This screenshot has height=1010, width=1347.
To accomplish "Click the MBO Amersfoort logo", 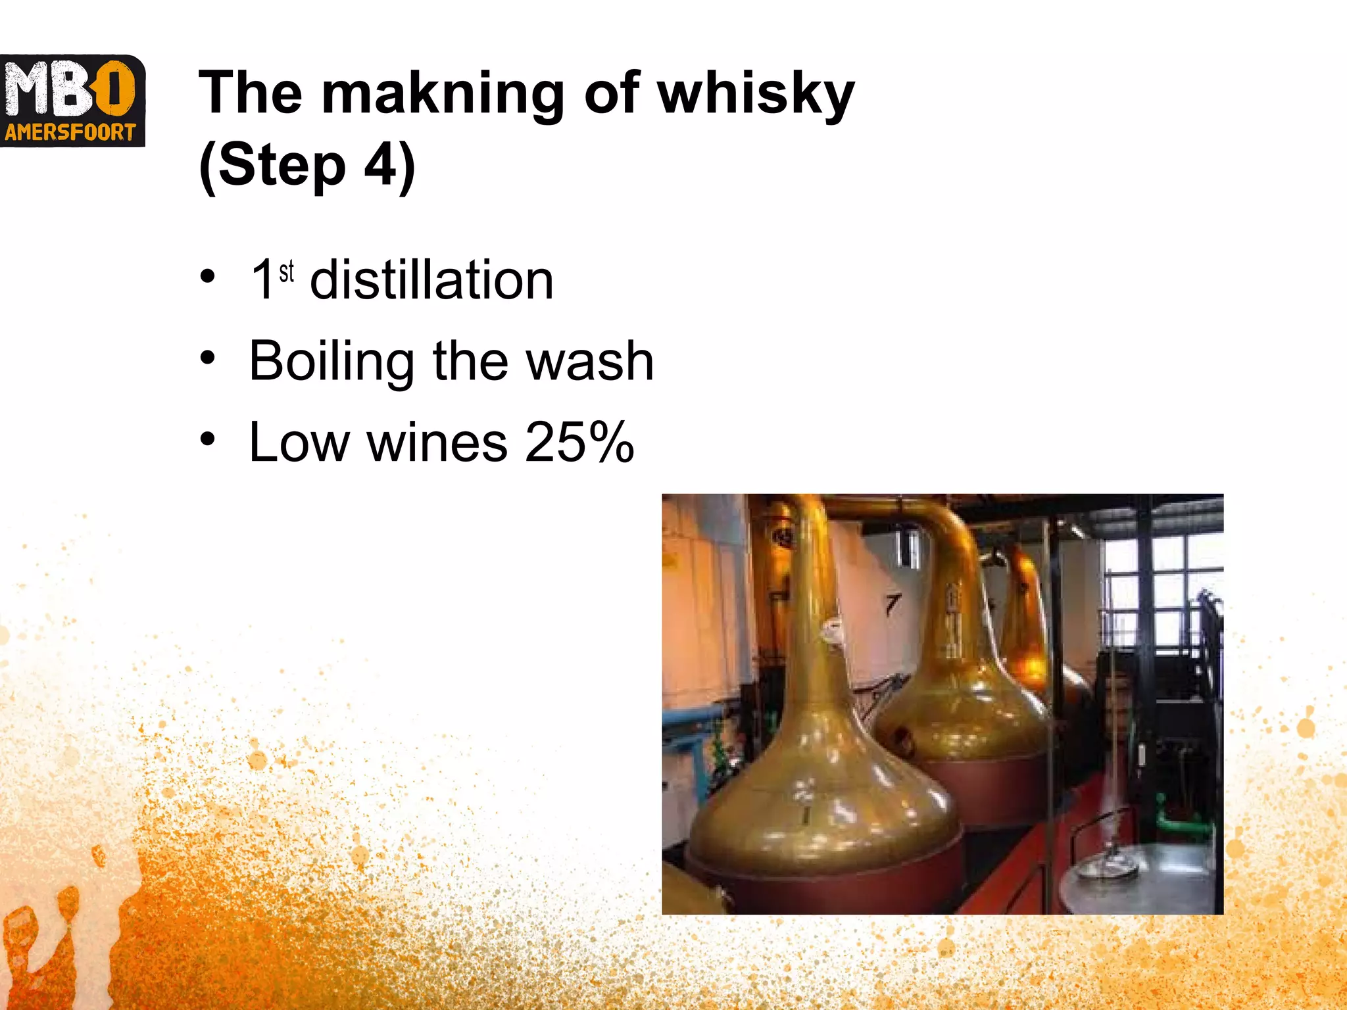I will coord(72,101).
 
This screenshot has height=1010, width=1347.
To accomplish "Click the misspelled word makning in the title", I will coord(443,95).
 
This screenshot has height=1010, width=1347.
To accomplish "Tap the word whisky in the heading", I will coord(756,95).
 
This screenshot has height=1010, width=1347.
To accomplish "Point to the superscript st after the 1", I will coord(286,271).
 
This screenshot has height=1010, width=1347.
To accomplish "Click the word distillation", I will coord(431,281).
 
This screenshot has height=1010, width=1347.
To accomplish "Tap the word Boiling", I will coord(331,362).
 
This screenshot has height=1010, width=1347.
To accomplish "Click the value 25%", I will coord(579,443).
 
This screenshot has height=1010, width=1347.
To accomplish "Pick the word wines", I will coord(437,443).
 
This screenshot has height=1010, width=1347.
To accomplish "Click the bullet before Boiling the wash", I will coord(208,358).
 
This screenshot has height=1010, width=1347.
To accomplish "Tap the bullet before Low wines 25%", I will coord(208,439).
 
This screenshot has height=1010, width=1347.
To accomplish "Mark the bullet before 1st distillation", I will coord(208,277).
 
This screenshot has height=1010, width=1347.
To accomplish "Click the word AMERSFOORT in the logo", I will coord(70,133).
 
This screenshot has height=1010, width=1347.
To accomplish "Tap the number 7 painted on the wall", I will coord(892,604).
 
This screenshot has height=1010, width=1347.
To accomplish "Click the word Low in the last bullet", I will coord(299,443).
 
